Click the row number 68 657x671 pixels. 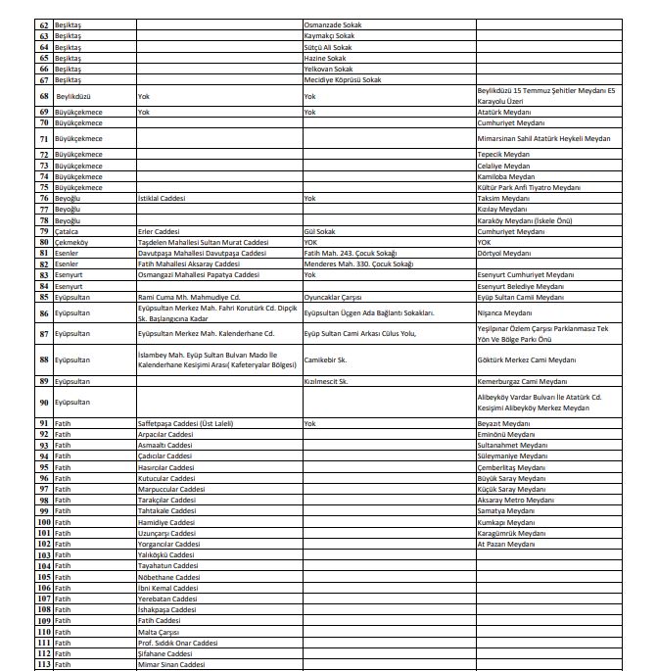[44, 97]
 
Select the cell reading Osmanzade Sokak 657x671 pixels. [334, 25]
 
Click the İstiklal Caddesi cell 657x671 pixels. [162, 197]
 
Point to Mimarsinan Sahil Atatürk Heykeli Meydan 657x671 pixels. [543, 139]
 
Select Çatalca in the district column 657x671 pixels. [69, 231]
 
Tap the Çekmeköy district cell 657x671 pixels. [71, 242]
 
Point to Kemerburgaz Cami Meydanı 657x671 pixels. [522, 380]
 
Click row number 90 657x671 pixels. [44, 402]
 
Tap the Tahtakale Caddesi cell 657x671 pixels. [168, 510]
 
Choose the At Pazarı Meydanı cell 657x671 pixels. [505, 544]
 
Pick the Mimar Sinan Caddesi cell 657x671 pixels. [171, 665]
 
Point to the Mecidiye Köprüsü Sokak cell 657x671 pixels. [342, 80]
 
